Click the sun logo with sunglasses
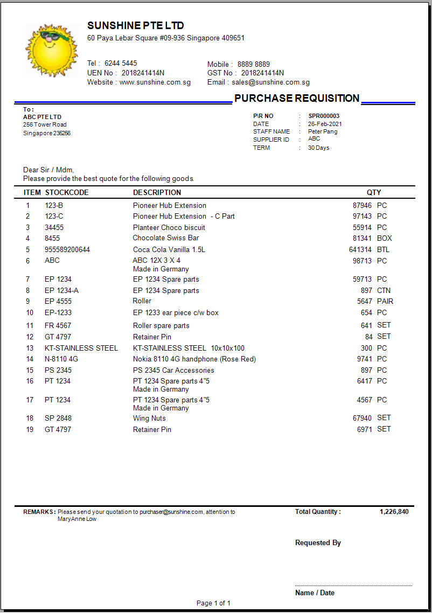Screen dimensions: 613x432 (52, 50)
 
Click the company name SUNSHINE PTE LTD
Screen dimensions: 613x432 (136, 26)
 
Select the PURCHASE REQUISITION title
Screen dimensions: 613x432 (297, 98)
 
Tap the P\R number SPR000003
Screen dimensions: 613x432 (324, 116)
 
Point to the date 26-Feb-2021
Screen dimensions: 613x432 (325, 124)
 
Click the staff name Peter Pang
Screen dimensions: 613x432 (323, 131)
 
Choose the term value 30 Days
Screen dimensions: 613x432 (318, 148)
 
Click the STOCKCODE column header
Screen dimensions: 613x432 (67, 192)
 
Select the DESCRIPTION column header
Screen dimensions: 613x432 (157, 192)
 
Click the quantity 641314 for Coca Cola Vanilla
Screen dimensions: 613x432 (360, 249)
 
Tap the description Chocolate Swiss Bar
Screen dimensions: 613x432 (166, 238)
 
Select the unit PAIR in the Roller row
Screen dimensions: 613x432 (385, 301)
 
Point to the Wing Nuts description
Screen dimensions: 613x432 (149, 418)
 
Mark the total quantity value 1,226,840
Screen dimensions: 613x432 (394, 512)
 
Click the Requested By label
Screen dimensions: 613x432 (318, 543)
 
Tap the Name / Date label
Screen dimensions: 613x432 (315, 593)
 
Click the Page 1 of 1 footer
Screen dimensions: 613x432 (213, 603)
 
